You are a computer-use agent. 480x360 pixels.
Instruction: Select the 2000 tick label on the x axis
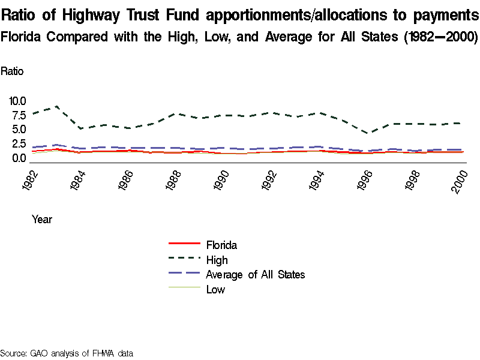460,179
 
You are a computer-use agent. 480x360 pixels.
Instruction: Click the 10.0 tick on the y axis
16,101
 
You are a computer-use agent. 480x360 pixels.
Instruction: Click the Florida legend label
221,245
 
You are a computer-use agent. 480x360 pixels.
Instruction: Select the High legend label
217,260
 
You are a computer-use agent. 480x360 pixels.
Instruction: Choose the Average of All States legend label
255,275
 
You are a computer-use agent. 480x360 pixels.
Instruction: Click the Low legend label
215,290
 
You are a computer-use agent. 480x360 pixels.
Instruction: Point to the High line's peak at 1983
56,106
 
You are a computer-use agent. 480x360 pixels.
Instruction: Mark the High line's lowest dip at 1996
370,133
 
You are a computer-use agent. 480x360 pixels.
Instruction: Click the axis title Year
42,220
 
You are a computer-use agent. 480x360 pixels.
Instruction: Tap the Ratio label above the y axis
12,71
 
